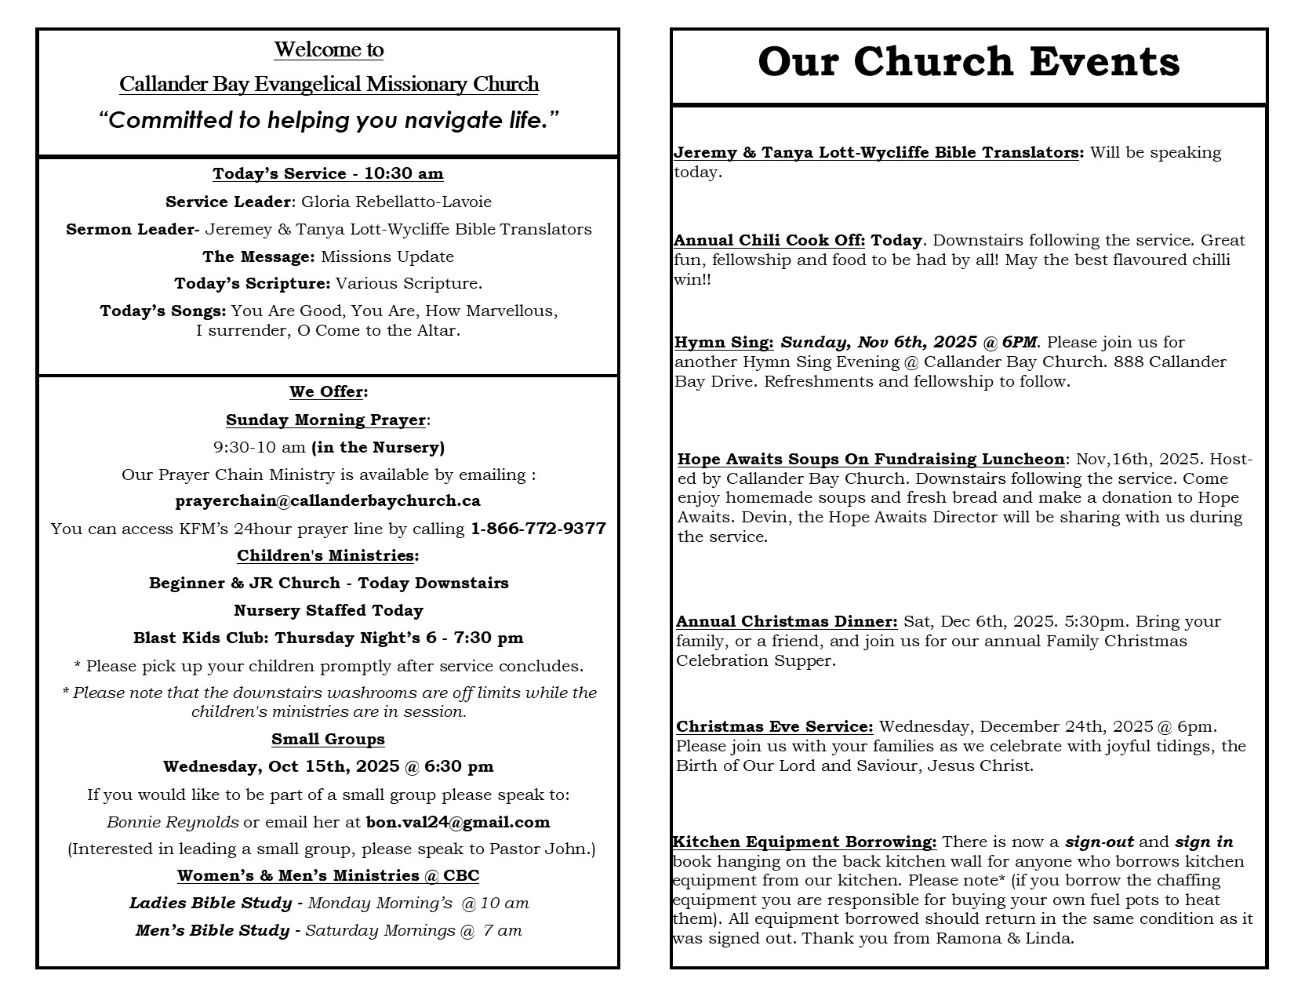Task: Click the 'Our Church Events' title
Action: (x=969, y=62)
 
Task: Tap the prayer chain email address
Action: (x=328, y=500)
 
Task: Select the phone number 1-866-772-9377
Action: (x=538, y=529)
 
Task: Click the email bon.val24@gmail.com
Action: (x=458, y=822)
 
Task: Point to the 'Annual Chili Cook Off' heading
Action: (x=769, y=240)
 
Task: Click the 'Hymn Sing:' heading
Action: (x=724, y=342)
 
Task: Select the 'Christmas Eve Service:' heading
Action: (x=774, y=726)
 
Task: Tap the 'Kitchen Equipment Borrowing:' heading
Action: (x=805, y=842)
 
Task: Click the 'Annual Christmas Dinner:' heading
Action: (x=787, y=621)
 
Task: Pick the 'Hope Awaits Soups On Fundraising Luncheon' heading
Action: (x=871, y=459)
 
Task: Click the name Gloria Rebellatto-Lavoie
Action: (x=396, y=202)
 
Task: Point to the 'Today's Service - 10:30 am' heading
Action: (x=328, y=173)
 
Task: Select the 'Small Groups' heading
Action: (x=328, y=739)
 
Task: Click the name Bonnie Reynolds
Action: (x=173, y=822)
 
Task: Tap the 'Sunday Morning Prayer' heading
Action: (x=325, y=420)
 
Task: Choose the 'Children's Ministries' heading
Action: (x=325, y=555)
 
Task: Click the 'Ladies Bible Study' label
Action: (x=210, y=903)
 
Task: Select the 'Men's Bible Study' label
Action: (x=213, y=930)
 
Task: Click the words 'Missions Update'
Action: (x=387, y=256)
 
